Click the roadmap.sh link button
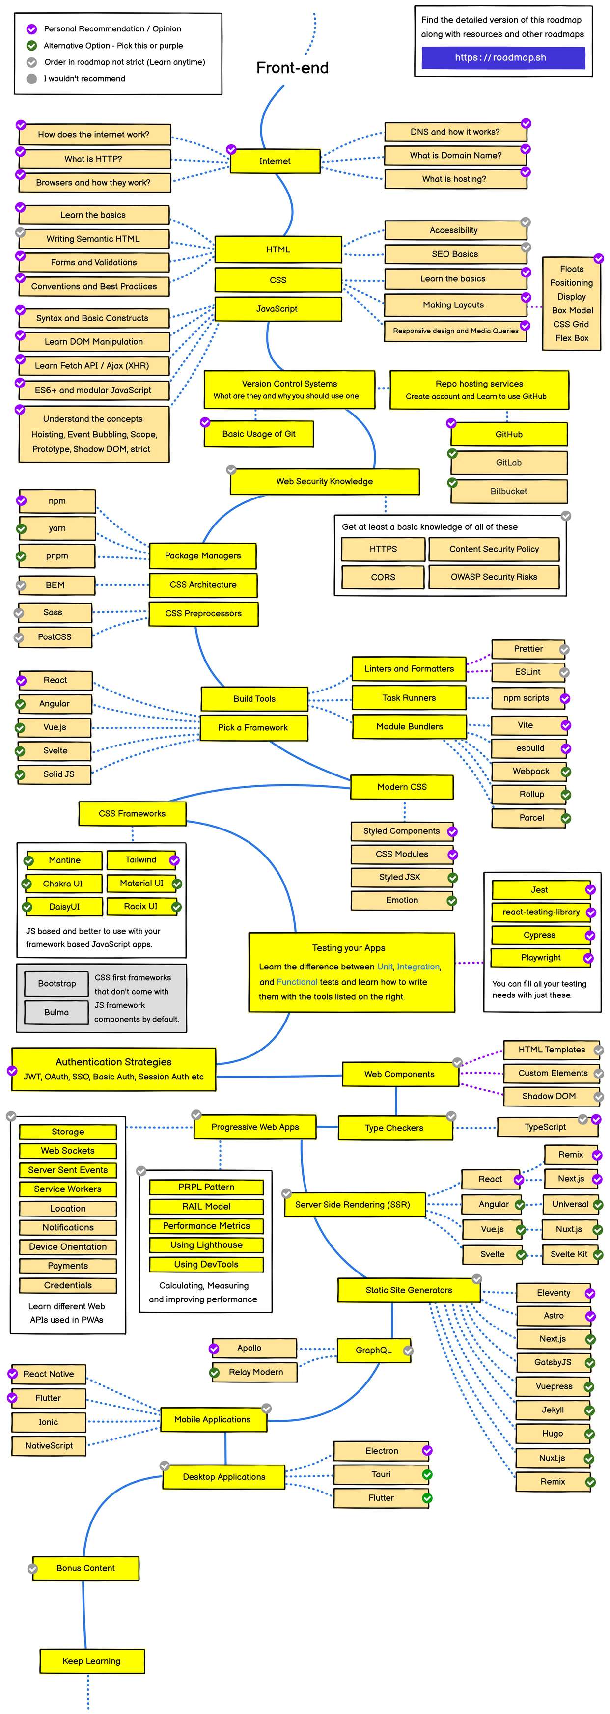tap(502, 58)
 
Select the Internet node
tap(275, 161)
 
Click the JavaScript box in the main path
tap(277, 309)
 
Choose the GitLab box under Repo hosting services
tap(509, 463)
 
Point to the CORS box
tap(383, 577)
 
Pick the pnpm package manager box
tap(57, 555)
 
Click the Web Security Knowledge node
tap(325, 481)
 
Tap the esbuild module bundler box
tap(529, 748)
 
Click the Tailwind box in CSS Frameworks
tap(141, 859)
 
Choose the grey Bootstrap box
tap(57, 983)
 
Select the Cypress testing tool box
tap(539, 935)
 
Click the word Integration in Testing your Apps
tap(418, 967)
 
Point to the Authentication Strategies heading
tap(114, 1062)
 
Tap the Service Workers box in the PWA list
tap(68, 1189)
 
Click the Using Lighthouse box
tap(206, 1244)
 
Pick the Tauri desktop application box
tap(381, 1474)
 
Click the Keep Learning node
tap(92, 1661)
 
